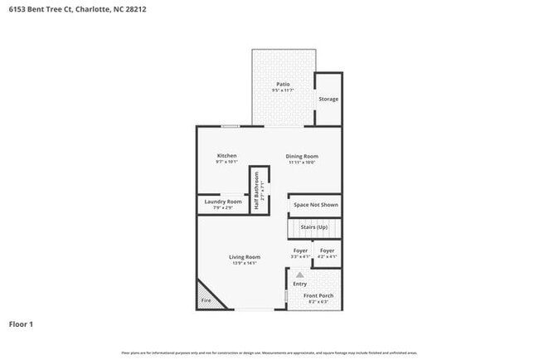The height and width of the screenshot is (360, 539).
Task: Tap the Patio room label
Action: (x=283, y=85)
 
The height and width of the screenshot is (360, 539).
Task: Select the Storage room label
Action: (x=328, y=100)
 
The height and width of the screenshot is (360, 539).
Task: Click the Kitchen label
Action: (x=227, y=156)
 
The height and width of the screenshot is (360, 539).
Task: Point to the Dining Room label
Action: (x=302, y=156)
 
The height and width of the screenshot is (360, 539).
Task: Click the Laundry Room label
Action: (x=224, y=202)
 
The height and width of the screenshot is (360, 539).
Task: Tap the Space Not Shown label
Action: (x=316, y=204)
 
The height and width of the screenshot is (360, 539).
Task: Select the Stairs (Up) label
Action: (x=313, y=226)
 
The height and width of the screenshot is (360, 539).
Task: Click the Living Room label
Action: (x=245, y=257)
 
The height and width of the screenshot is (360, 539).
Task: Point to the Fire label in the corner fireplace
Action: (x=206, y=300)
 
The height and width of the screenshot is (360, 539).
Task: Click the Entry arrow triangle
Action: (x=300, y=274)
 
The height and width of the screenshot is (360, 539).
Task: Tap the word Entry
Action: (x=300, y=284)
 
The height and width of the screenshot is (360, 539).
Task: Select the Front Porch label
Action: (x=318, y=296)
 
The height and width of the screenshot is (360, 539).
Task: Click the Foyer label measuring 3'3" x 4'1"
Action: (x=300, y=251)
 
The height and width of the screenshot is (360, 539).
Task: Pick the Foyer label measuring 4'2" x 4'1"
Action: (x=328, y=251)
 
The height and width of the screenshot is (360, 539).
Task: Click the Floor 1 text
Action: (x=21, y=324)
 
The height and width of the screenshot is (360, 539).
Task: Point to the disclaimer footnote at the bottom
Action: (x=269, y=353)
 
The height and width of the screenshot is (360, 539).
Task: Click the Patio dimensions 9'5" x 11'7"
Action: (x=283, y=90)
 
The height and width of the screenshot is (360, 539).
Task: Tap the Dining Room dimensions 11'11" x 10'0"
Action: (x=302, y=163)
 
